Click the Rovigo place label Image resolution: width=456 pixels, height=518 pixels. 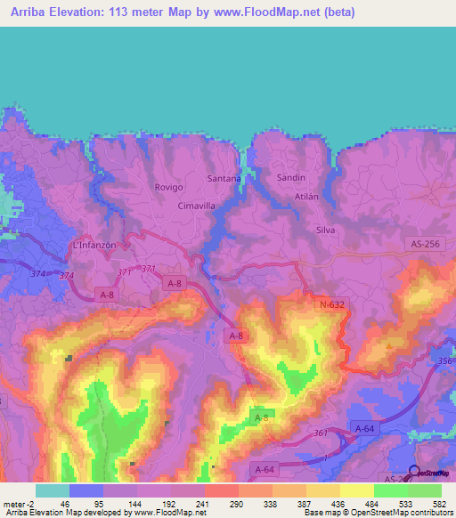[168, 187]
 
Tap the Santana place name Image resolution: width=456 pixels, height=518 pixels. [224, 178]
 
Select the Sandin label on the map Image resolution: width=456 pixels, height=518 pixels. [291, 178]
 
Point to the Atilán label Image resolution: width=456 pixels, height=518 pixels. [306, 196]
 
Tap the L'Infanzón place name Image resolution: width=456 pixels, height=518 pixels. [94, 245]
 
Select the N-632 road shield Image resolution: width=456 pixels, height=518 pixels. [330, 304]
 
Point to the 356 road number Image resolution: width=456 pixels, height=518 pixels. [444, 360]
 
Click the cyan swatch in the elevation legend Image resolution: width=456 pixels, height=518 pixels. [52, 490]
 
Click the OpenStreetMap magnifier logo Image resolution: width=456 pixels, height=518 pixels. [413, 473]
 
